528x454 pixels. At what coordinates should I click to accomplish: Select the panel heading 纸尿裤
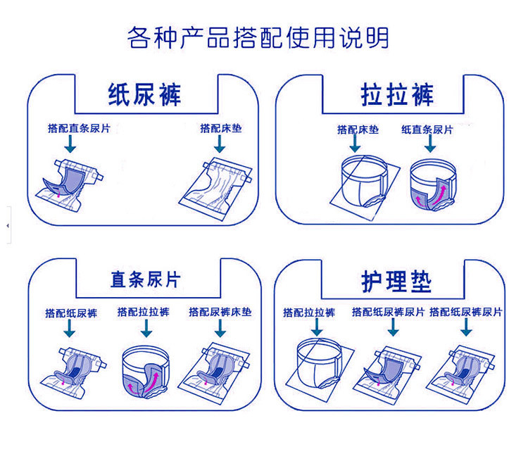(x=144, y=94)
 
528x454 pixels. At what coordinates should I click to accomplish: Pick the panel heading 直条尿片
(x=145, y=279)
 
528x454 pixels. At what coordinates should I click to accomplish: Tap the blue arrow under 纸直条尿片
(x=430, y=144)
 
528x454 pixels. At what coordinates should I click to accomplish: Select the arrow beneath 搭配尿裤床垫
(x=220, y=327)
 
